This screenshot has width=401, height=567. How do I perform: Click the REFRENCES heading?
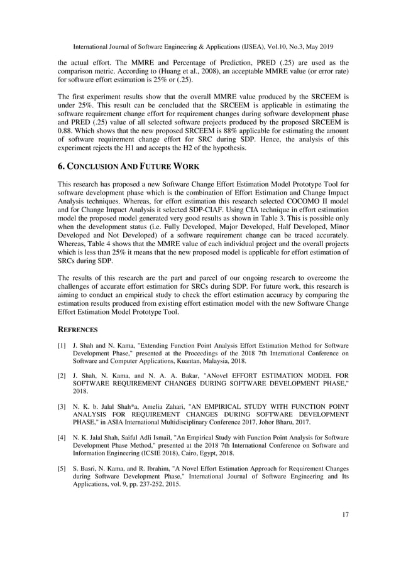pyautogui.click(x=79, y=327)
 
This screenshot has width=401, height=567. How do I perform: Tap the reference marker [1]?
pyautogui.click(x=62, y=346)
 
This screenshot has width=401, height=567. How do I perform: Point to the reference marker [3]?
pyautogui.click(x=62, y=407)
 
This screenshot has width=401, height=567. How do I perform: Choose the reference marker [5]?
pyautogui.click(x=62, y=468)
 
